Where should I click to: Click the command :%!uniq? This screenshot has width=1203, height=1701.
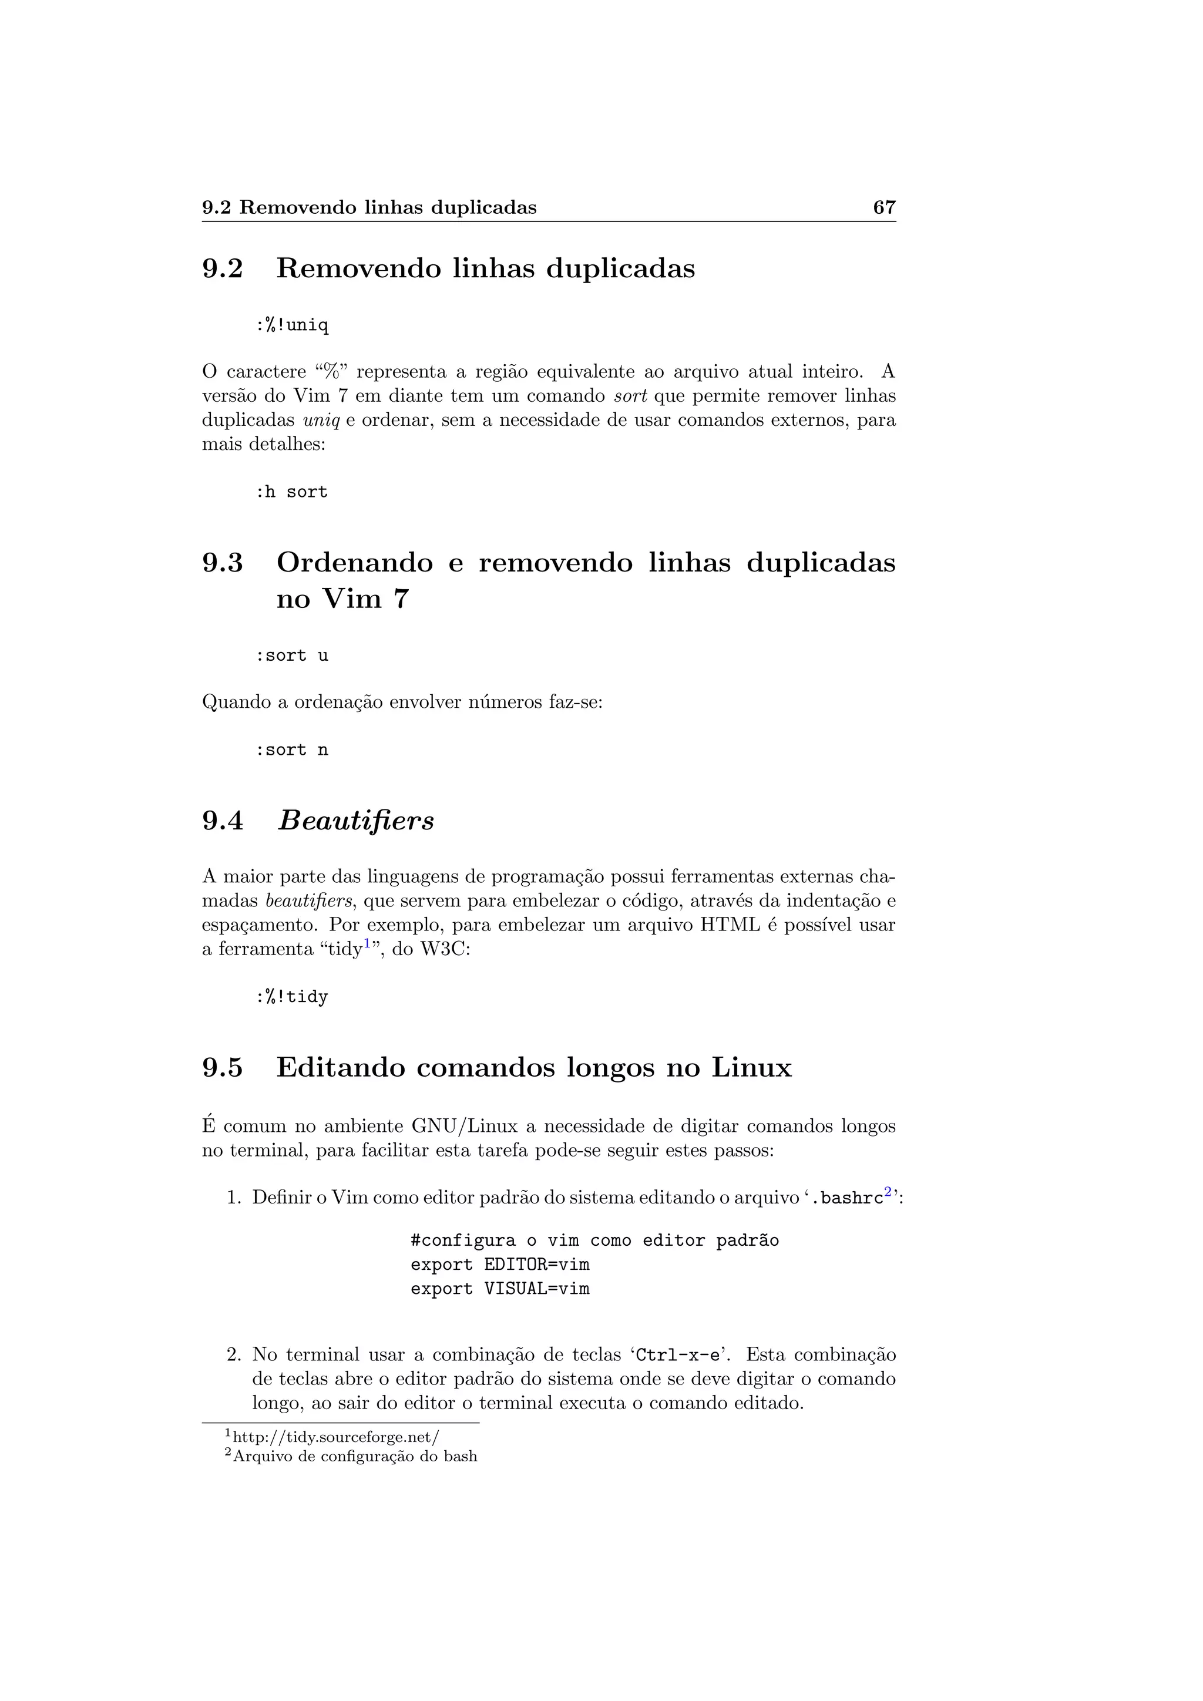pos(292,325)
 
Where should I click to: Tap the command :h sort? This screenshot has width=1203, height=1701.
pos(291,492)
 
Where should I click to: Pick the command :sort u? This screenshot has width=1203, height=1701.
pos(291,655)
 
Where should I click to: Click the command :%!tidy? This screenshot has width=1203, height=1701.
pos(291,997)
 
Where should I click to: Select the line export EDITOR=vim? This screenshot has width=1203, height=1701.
pos(500,1265)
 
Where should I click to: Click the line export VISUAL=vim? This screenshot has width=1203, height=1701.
pos(500,1289)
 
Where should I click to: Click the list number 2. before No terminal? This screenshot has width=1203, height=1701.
pos(234,1355)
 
